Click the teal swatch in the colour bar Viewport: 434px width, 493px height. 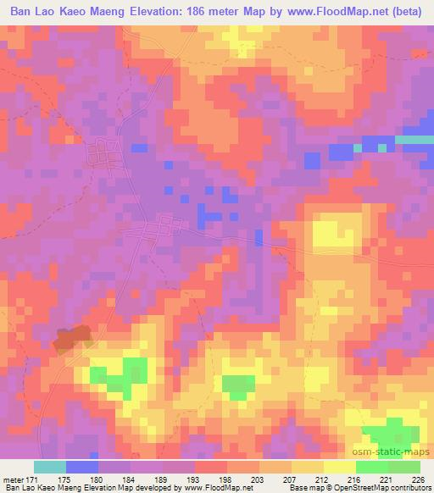[50, 468]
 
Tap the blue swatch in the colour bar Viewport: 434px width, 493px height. [82, 468]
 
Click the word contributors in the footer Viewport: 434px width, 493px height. [409, 487]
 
